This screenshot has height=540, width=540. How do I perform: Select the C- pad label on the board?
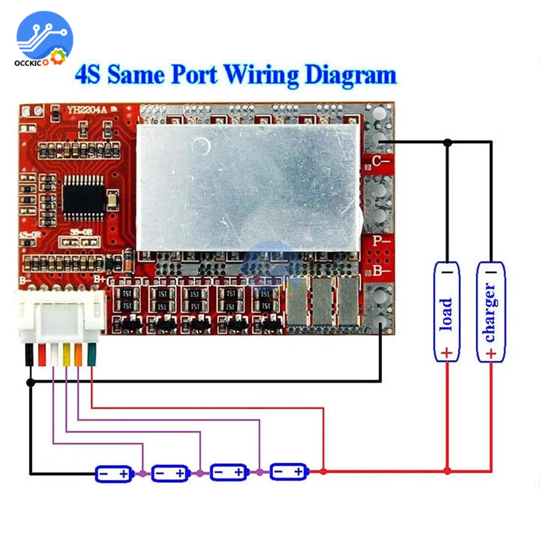click(381, 160)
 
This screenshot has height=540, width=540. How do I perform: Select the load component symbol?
click(447, 312)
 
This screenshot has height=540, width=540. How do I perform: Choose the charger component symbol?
click(490, 312)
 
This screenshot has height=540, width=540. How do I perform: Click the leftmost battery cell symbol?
click(113, 474)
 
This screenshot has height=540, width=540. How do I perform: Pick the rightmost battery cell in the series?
click(288, 472)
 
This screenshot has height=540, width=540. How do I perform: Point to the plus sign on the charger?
click(490, 353)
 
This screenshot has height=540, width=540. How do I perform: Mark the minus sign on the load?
click(447, 272)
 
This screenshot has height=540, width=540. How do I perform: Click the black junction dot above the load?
click(447, 142)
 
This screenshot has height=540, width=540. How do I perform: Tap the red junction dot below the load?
click(447, 471)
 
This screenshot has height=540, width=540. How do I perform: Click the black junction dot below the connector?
click(31, 382)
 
